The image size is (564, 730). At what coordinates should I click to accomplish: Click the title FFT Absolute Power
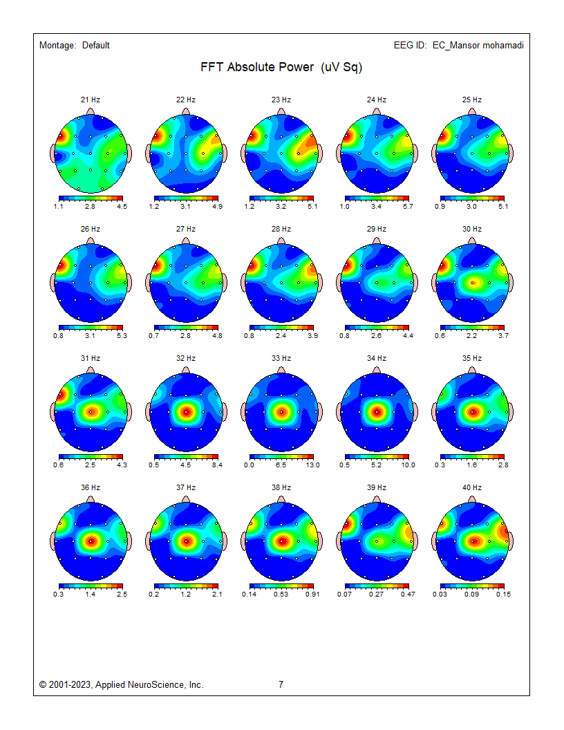tap(281, 67)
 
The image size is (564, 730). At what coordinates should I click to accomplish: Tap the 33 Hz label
tap(281, 359)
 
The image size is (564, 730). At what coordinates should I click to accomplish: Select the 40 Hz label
tap(472, 488)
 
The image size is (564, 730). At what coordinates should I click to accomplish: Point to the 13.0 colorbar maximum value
tap(313, 465)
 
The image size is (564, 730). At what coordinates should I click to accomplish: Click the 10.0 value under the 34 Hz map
tap(408, 465)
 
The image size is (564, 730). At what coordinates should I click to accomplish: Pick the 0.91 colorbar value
tap(312, 594)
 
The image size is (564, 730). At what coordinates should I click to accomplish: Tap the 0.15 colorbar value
tap(503, 594)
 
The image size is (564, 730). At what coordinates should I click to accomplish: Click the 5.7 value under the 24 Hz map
tap(408, 207)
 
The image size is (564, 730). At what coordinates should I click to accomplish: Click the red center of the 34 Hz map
tap(377, 412)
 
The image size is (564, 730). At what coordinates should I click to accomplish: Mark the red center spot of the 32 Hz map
tap(186, 412)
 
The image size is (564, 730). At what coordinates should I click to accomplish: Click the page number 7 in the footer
tap(281, 685)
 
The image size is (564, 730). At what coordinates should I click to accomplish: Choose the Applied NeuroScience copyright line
tap(122, 685)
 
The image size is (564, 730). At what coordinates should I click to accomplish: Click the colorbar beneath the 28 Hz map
tap(281, 327)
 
